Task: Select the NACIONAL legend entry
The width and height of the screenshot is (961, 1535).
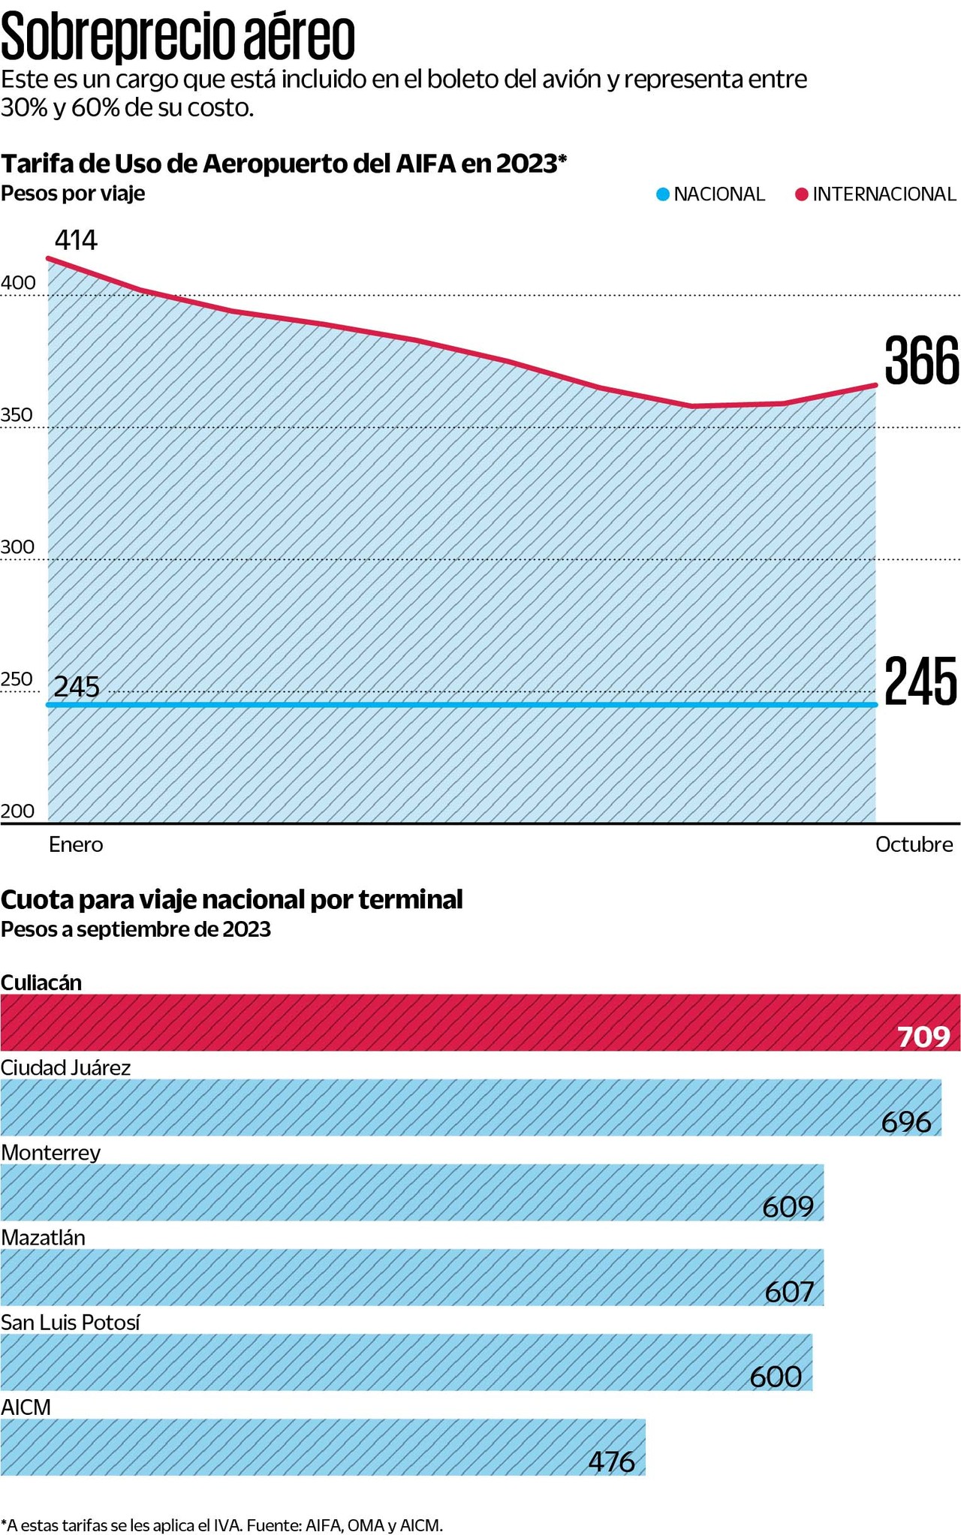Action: point(710,194)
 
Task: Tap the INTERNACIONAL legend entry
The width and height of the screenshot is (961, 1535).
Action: point(875,194)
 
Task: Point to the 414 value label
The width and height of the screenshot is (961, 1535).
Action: point(76,240)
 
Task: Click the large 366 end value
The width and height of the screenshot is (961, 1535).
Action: point(921,361)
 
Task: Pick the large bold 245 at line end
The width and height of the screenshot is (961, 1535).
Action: point(920,681)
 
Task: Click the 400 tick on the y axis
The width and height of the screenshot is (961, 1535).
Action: point(18,283)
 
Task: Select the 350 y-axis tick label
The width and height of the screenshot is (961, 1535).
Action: point(18,415)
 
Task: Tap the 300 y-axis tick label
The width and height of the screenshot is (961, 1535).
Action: point(18,547)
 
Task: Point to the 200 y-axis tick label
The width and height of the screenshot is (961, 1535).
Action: point(18,811)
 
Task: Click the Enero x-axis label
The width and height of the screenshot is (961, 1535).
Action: point(76,844)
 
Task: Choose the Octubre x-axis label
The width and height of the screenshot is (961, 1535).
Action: point(914,844)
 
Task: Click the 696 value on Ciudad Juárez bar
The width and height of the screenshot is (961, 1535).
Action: point(906,1122)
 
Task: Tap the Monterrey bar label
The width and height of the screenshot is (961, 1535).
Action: point(51,1152)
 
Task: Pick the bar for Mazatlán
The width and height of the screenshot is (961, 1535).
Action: point(411,1277)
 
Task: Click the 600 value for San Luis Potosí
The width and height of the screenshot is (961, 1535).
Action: point(776,1377)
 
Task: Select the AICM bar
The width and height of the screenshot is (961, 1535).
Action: point(323,1446)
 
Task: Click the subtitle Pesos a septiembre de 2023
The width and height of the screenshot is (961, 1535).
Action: point(136,929)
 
